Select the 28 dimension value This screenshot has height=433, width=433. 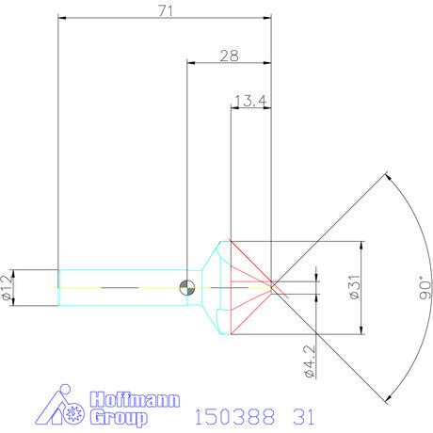(x=228, y=56)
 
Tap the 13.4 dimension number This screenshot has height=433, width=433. (x=249, y=99)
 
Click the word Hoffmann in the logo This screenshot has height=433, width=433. (x=135, y=399)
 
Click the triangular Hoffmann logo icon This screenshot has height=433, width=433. (x=56, y=408)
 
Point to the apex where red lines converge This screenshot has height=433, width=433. (x=271, y=286)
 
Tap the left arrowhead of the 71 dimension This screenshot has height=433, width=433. (x=62, y=16)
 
